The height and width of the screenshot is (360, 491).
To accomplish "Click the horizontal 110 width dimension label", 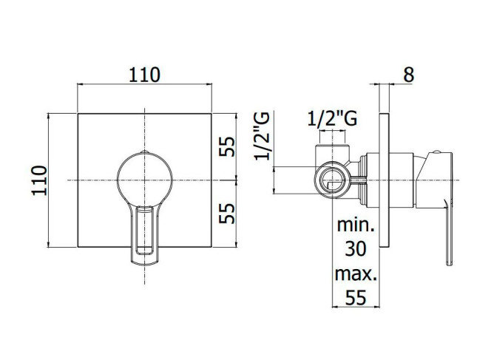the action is point(144,75).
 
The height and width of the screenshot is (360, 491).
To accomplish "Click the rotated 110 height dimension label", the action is point(39,180).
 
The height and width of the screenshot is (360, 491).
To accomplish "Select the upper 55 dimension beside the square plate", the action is point(227,146).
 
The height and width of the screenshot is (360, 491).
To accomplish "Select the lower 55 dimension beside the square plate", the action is point(227,214).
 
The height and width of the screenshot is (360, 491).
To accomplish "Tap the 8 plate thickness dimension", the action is point(409,75).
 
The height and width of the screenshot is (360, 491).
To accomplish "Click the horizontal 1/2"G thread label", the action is point(332,119).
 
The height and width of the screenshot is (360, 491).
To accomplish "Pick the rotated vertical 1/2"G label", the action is point(262,136).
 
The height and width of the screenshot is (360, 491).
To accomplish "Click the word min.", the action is point(356,225).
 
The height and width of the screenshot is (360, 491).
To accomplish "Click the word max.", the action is point(356,274).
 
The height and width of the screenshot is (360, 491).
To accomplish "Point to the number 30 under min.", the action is point(356,249).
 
